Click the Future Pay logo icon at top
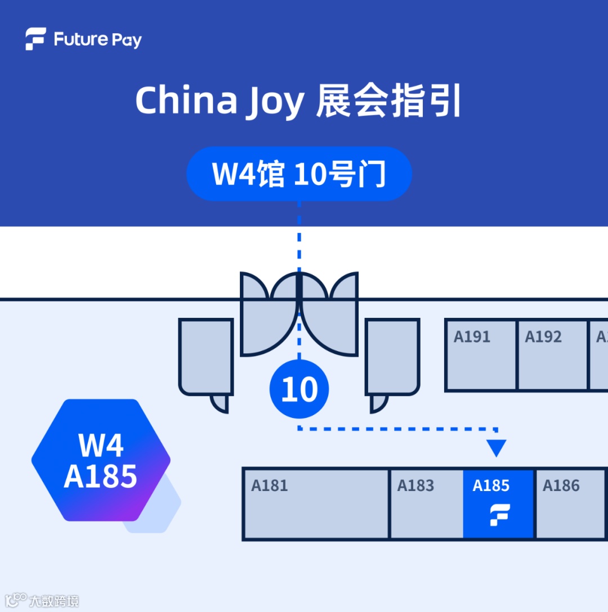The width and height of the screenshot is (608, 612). (x=35, y=39)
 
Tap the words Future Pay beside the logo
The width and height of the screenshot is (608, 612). (x=97, y=40)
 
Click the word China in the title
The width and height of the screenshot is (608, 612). (x=186, y=101)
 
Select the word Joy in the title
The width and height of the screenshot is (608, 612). (x=275, y=102)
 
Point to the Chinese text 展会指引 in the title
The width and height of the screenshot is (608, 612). (x=388, y=101)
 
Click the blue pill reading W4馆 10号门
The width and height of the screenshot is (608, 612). (x=299, y=174)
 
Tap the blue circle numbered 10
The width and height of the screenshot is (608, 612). (x=299, y=389)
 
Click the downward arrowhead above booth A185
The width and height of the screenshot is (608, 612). (x=497, y=448)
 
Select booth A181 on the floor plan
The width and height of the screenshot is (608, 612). (x=316, y=503)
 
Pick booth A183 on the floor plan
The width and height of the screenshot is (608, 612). (x=426, y=503)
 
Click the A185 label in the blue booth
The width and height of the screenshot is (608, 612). (x=491, y=485)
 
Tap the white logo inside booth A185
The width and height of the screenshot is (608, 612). (x=499, y=515)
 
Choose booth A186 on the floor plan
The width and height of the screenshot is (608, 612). (x=570, y=503)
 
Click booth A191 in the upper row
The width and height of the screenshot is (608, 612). (x=480, y=354)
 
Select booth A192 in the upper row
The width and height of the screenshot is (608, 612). (x=552, y=354)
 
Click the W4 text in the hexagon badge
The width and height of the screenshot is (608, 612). (x=101, y=445)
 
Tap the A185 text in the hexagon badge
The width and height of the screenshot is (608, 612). (x=101, y=476)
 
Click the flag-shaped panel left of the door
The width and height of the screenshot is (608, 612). (x=206, y=357)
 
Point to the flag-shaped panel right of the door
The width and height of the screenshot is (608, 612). (x=392, y=357)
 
